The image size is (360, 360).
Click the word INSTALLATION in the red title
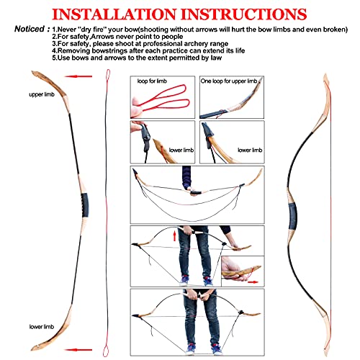point(116,13)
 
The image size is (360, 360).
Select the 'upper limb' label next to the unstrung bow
point(42,95)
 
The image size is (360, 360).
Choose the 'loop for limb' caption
point(153,82)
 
